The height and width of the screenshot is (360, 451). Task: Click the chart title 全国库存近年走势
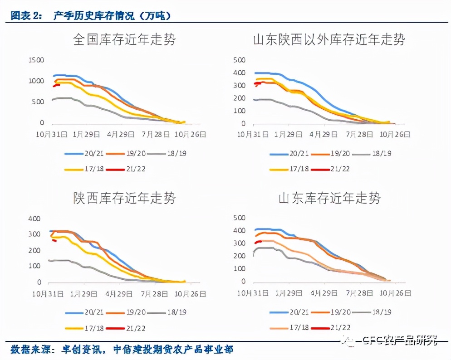pos(124,39)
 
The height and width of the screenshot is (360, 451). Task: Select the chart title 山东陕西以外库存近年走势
pos(329,39)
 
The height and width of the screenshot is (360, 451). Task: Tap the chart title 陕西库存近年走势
pos(124,198)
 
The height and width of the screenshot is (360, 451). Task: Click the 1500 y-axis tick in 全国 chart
pos(36,60)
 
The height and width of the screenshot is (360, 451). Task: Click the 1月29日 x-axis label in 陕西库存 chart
pos(83,293)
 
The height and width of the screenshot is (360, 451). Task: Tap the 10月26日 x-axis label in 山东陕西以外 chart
pos(394,134)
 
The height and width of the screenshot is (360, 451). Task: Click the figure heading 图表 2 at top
pos(26,15)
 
